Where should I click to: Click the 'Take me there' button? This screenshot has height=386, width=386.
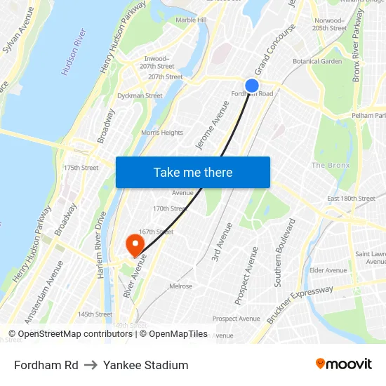pyautogui.click(x=193, y=172)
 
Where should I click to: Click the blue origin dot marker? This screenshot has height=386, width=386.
pyautogui.click(x=251, y=86)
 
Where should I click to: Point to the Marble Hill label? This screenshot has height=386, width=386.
pyautogui.click(x=191, y=20)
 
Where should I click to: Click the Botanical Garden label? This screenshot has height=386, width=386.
pyautogui.click(x=317, y=62)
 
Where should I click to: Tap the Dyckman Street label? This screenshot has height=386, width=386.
pyautogui.click(x=140, y=95)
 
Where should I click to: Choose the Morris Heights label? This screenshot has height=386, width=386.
pyautogui.click(x=161, y=133)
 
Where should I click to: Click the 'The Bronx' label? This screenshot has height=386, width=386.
pyautogui.click(x=330, y=165)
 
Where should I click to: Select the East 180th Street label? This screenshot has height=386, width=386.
pyautogui.click(x=351, y=199)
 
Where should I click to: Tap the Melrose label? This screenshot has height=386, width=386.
pyautogui.click(x=180, y=286)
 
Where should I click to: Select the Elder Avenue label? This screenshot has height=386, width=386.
pyautogui.click(x=328, y=270)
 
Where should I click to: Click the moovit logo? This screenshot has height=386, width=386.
pyautogui.click(x=344, y=364)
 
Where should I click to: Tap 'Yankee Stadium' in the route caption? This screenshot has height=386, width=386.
pyautogui.click(x=146, y=365)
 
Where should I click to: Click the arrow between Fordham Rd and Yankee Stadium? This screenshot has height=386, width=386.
pyautogui.click(x=91, y=365)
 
